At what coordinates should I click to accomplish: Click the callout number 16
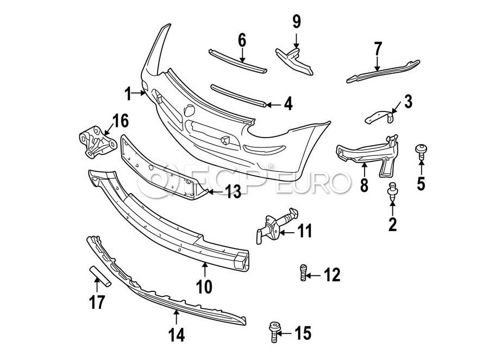120,121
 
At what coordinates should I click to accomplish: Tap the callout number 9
296,22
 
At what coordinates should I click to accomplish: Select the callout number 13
233,192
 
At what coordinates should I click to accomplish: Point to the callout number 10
204,287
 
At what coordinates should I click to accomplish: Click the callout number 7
378,49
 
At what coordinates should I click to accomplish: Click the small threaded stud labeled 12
303,272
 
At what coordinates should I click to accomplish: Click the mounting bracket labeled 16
97,142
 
